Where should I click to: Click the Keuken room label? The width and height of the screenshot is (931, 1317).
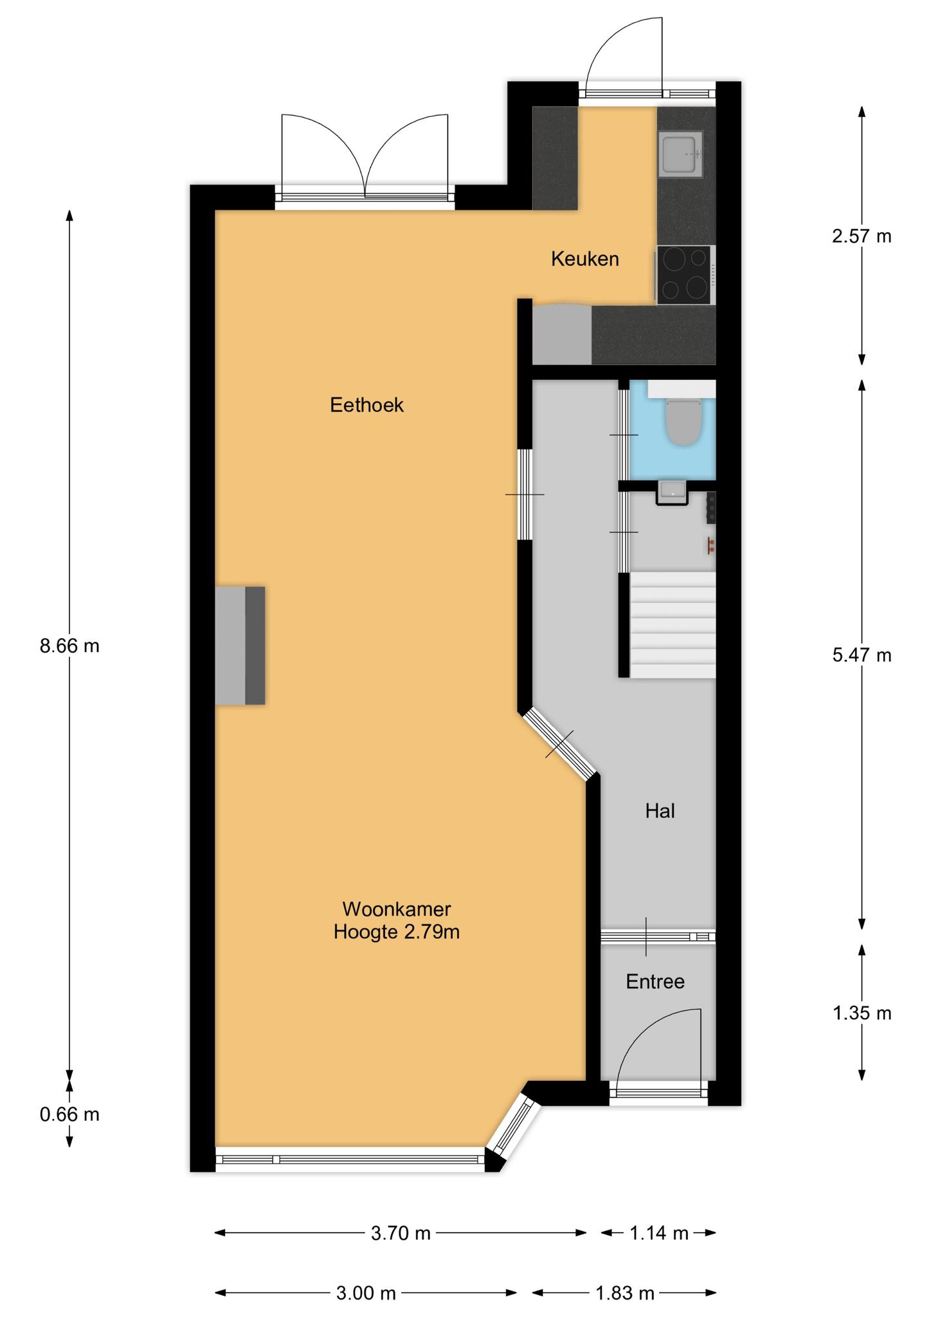[x=585, y=259]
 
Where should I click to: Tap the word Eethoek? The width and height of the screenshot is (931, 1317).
[x=366, y=404]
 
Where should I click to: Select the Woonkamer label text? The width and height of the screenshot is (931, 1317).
[x=397, y=909]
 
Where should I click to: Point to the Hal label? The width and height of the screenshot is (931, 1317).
[x=660, y=811]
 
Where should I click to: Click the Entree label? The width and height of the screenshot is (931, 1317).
[x=655, y=981]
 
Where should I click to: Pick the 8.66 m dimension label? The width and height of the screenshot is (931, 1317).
[x=69, y=646]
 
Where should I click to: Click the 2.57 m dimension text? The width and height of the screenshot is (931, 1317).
[x=862, y=236]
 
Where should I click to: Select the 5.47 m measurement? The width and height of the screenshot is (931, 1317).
[x=862, y=655]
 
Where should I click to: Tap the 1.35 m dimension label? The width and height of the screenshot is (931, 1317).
[x=862, y=1013]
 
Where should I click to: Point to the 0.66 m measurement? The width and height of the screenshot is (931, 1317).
[x=69, y=1114]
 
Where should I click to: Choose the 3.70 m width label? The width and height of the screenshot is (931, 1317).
[x=401, y=1233]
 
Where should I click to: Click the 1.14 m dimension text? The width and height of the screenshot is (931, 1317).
[x=659, y=1233]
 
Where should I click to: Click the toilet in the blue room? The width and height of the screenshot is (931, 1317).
[x=683, y=421]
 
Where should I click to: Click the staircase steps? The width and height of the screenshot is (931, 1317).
[x=673, y=624]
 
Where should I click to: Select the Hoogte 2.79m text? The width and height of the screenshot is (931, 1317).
[x=397, y=931]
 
